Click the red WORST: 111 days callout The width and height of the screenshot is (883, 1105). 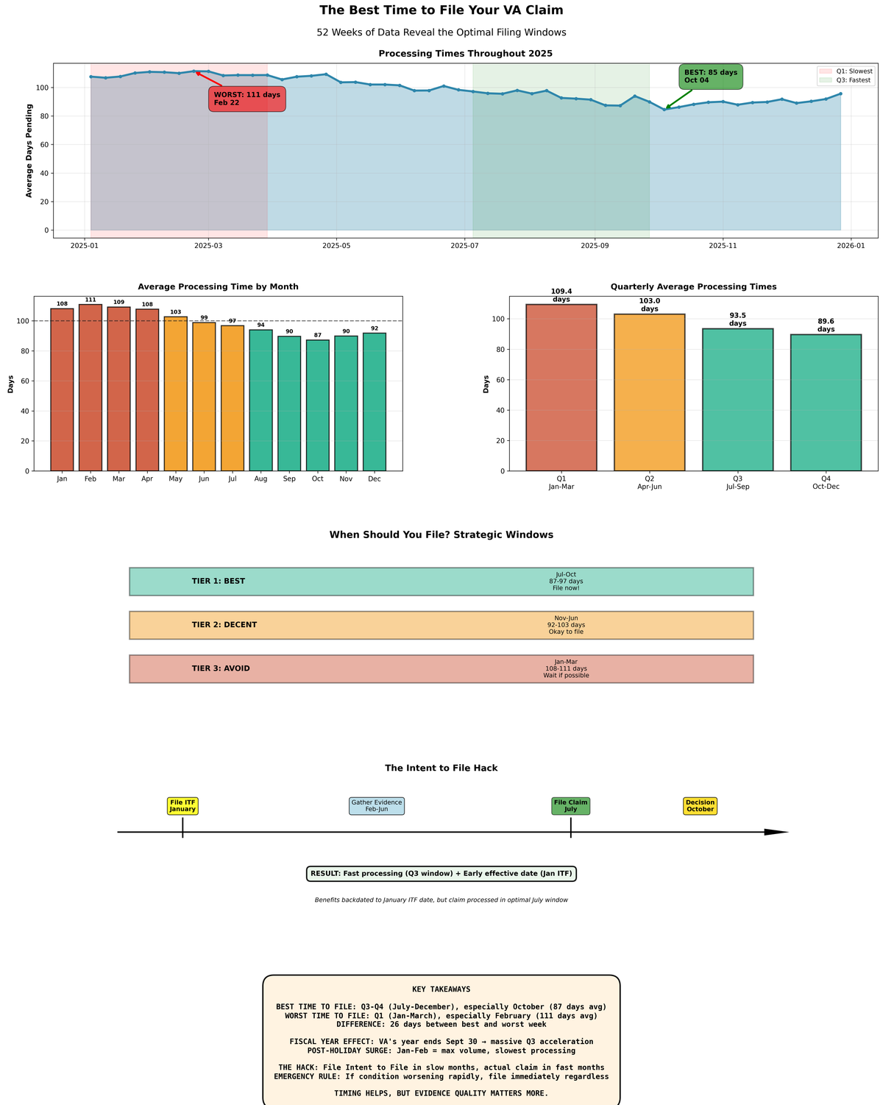(247, 99)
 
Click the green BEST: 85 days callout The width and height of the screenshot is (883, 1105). (710, 76)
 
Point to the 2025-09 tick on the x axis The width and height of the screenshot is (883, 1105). (595, 244)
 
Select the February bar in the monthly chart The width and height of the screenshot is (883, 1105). (91, 387)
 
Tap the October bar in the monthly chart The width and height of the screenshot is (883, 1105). (318, 405)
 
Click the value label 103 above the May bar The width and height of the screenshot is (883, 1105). (176, 312)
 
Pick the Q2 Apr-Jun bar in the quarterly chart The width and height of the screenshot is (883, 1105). (649, 392)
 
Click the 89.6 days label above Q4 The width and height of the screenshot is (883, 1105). (826, 325)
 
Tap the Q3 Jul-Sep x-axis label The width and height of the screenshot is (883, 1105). (737, 482)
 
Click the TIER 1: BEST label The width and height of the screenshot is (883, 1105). (219, 582)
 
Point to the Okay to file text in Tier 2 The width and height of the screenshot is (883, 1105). (566, 632)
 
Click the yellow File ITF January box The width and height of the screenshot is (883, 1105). (182, 805)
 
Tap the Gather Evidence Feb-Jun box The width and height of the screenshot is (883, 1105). (376, 805)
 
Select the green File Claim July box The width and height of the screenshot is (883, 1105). (570, 805)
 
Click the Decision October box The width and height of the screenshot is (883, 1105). (700, 805)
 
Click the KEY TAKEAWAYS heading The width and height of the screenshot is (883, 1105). (441, 989)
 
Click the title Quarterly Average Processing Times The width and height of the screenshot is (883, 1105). (693, 286)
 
